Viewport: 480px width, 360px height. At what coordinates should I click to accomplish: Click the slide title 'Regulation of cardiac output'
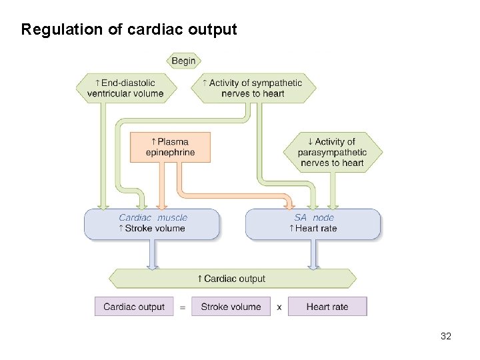tap(129, 30)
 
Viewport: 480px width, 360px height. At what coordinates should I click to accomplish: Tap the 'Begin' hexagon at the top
tap(183, 61)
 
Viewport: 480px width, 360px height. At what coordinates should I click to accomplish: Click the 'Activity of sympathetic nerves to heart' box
tap(254, 88)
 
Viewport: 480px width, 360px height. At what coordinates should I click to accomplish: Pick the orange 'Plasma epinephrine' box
tap(170, 147)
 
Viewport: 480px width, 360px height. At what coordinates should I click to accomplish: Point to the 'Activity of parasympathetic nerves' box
tap(331, 152)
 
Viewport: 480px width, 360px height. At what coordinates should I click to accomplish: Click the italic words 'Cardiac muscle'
tap(153, 217)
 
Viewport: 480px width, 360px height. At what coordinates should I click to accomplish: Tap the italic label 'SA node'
tap(313, 217)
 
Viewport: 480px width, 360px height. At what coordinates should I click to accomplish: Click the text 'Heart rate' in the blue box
tap(316, 228)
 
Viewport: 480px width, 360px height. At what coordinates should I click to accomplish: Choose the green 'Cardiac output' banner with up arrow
tap(232, 279)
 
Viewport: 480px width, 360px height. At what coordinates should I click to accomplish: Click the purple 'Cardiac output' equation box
tap(134, 307)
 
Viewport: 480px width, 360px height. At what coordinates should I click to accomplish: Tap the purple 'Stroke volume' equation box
tap(231, 307)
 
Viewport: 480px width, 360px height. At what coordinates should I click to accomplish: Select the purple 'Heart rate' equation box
tap(327, 307)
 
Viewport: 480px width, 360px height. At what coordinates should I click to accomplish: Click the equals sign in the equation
tap(182, 307)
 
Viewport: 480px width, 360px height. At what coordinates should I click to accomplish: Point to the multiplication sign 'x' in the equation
tap(279, 307)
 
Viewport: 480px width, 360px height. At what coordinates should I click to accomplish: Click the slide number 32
tap(446, 336)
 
